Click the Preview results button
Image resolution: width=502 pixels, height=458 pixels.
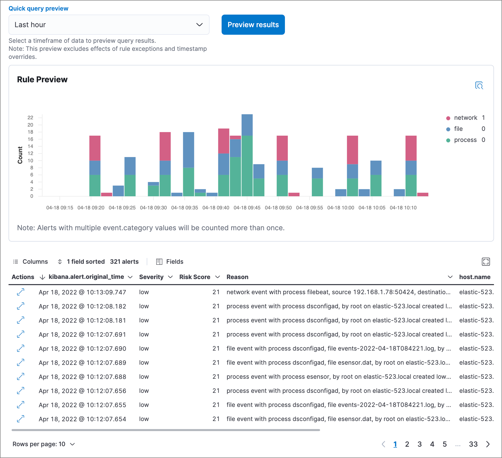click(253, 25)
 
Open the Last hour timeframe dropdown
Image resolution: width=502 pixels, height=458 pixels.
click(109, 25)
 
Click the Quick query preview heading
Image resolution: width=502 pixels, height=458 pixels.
click(38, 9)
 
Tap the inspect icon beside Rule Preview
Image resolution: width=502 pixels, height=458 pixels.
click(479, 85)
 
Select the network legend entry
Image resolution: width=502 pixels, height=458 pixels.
click(465, 118)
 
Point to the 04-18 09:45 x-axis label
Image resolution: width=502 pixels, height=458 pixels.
click(247, 208)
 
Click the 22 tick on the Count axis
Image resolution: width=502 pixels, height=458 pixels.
click(30, 118)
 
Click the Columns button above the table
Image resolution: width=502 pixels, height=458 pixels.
click(30, 262)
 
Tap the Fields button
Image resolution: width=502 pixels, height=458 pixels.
click(170, 262)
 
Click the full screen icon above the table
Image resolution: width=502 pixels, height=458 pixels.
click(486, 262)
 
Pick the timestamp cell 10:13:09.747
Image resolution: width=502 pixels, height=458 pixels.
click(82, 292)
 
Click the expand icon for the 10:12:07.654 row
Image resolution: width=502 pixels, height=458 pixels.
click(21, 419)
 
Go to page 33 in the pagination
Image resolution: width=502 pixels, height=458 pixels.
click(473, 444)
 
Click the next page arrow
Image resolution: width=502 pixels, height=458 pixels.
click(488, 444)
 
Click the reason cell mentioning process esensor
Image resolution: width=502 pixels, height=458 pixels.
click(339, 377)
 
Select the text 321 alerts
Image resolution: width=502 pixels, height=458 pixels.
click(124, 262)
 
